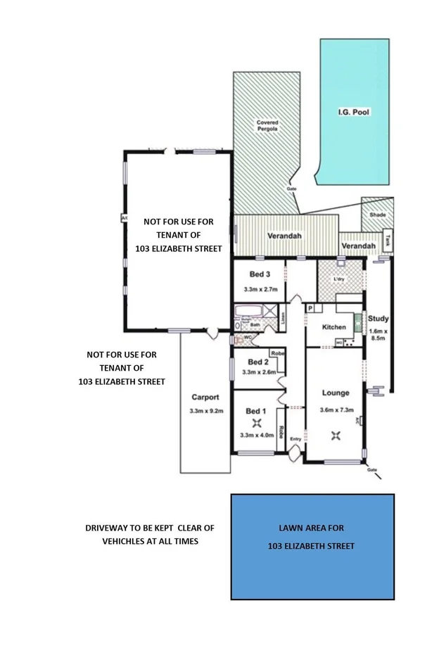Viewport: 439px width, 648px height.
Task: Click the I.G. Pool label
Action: click(355, 112)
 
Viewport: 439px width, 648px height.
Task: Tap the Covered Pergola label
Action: click(267, 126)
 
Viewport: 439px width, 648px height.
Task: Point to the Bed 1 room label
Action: click(255, 410)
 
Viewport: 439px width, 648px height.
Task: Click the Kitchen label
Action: click(333, 328)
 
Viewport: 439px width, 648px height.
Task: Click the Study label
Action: click(378, 319)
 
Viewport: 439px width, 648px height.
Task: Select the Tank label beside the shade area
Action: click(386, 240)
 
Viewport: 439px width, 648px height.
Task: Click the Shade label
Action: click(377, 215)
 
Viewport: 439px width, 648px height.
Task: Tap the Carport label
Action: click(204, 397)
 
